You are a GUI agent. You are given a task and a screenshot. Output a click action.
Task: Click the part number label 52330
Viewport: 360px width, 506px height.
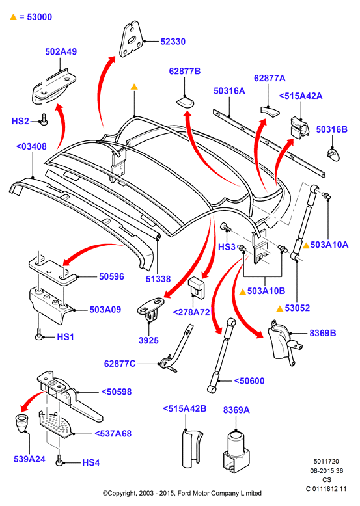pyautogui.click(x=173, y=42)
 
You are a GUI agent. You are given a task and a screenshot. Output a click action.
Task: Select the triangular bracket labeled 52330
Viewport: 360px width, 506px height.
pyautogui.click(x=131, y=39)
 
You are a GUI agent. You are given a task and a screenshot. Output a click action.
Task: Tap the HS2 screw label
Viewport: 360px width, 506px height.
pyautogui.click(x=20, y=121)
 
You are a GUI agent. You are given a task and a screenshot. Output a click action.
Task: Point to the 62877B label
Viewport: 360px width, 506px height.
pyautogui.click(x=185, y=71)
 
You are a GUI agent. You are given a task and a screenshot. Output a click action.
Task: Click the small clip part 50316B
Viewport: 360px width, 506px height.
pyautogui.click(x=333, y=154)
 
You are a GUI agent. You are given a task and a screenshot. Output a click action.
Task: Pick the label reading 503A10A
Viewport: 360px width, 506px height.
pyautogui.click(x=329, y=245)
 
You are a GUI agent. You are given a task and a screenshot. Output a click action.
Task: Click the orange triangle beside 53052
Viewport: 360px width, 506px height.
pyautogui.click(x=280, y=308)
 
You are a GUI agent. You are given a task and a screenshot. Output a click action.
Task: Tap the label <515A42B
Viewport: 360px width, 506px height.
pyautogui.click(x=185, y=408)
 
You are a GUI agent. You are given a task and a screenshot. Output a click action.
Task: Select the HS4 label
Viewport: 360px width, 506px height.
pyautogui.click(x=91, y=463)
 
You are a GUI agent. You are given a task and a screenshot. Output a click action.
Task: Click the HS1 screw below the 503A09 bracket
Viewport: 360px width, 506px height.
pyautogui.click(x=39, y=335)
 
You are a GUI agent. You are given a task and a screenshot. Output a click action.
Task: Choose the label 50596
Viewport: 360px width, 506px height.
pyautogui.click(x=111, y=276)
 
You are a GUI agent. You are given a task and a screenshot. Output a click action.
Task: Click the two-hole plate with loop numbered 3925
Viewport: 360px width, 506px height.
pyautogui.click(x=150, y=308)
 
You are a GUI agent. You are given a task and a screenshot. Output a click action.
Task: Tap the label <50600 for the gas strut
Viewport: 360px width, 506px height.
pyautogui.click(x=249, y=380)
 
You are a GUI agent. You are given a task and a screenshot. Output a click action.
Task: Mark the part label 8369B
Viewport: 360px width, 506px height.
pyautogui.click(x=323, y=333)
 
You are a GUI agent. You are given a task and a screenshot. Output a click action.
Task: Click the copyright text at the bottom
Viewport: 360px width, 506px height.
pyautogui.click(x=182, y=493)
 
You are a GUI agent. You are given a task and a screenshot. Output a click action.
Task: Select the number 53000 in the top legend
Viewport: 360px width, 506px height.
pyautogui.click(x=40, y=17)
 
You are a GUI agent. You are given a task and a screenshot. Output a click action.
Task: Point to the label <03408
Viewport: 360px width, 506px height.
pyautogui.click(x=31, y=146)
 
